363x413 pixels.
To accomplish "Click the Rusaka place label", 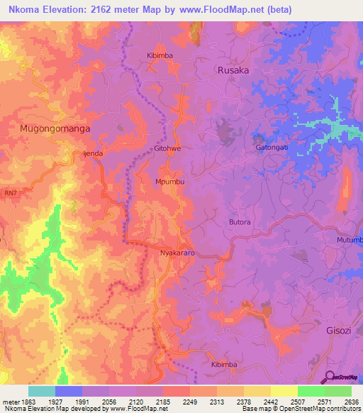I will [233, 70].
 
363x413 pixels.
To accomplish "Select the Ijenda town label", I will [93, 153].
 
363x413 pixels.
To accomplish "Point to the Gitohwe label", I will [168, 150].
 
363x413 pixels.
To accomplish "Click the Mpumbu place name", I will [170, 182].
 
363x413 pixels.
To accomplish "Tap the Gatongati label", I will [272, 148].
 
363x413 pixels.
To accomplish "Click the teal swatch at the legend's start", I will [42, 390].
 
